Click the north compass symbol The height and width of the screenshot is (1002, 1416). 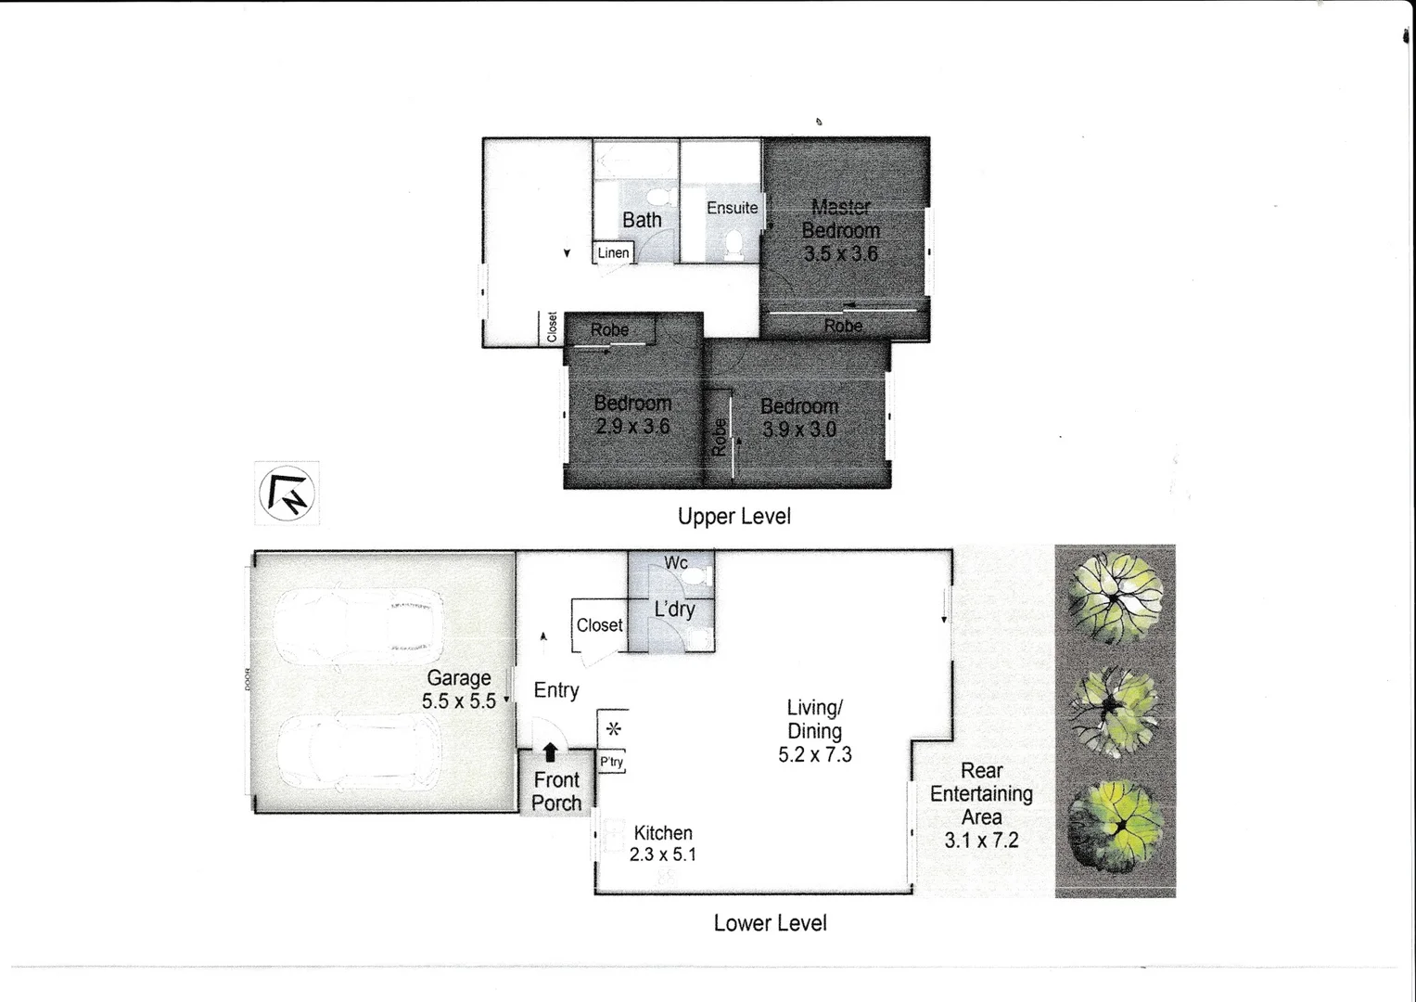(x=287, y=494)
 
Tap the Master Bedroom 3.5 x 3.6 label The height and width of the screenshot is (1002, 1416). (x=840, y=230)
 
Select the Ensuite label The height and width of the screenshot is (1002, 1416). (x=732, y=208)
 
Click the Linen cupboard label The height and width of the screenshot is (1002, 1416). (x=613, y=252)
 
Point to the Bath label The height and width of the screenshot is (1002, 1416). (x=642, y=220)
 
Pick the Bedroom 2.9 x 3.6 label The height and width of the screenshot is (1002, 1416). (x=632, y=415)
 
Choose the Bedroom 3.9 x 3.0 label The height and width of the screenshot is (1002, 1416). (x=798, y=417)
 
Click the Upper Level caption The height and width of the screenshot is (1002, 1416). (x=734, y=517)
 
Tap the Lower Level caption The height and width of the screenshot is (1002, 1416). (x=770, y=923)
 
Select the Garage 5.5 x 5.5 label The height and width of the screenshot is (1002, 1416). (x=458, y=689)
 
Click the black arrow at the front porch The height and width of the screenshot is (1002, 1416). (x=550, y=752)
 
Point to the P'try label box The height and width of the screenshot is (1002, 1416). (x=611, y=762)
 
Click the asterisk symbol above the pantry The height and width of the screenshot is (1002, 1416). (x=613, y=729)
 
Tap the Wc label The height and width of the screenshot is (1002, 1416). (x=676, y=563)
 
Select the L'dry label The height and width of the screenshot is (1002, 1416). (x=674, y=610)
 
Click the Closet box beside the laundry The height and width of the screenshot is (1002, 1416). (x=599, y=625)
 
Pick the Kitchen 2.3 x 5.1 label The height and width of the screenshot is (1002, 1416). (x=662, y=843)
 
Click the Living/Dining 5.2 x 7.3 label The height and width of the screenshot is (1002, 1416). (x=814, y=731)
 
